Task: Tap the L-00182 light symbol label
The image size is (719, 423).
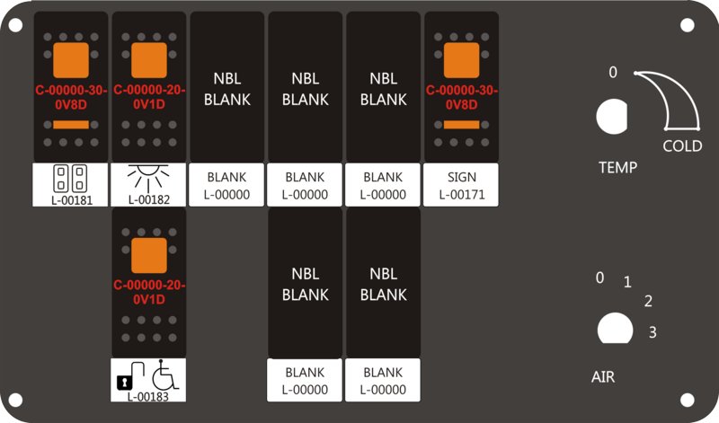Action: pos(148,185)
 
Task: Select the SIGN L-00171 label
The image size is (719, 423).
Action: pos(461,185)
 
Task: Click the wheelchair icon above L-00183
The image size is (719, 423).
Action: pos(165,375)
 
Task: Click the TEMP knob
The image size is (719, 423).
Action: pos(612,117)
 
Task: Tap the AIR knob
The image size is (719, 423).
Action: pos(616,328)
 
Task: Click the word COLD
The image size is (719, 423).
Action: pos(682,146)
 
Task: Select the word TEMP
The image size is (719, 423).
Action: pos(617,168)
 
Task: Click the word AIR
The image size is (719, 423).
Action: pos(603,377)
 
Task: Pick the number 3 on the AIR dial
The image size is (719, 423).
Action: pos(652,332)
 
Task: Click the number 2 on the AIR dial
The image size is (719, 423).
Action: pos(648,301)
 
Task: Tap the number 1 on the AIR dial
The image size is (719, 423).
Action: pos(627,282)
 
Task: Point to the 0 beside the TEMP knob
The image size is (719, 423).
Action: pos(613,73)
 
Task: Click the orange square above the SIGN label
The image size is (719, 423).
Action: pos(461,60)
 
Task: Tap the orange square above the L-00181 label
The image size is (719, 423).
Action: pos(71,60)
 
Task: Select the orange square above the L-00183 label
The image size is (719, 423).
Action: pos(149,255)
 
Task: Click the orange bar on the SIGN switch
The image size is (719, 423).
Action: pos(461,125)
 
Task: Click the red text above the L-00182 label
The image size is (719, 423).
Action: pos(149,97)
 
